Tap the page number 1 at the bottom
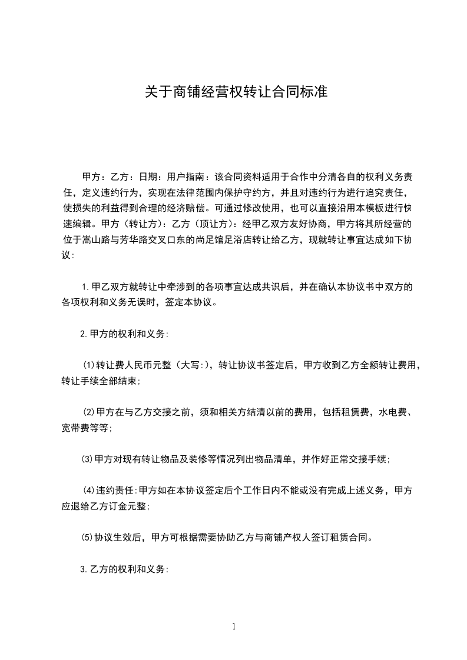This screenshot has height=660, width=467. (x=234, y=627)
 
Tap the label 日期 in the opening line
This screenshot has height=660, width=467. (x=147, y=176)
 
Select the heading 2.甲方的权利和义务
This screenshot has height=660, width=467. (x=124, y=334)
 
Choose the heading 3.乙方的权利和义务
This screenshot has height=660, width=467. (x=124, y=569)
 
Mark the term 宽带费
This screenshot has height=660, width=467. (x=75, y=428)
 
